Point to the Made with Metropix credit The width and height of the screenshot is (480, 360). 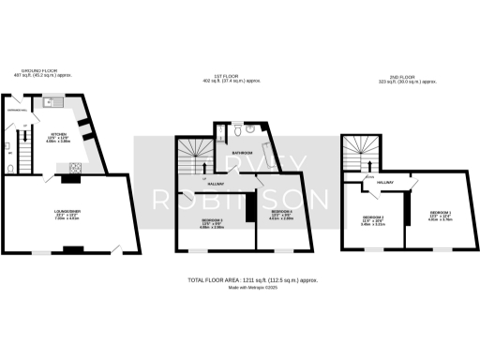tap(239, 288)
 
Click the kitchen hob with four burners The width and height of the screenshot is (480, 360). tap(72, 169)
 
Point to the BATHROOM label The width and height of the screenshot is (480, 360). tap(242, 151)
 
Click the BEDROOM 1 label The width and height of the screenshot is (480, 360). tap(440, 214)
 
